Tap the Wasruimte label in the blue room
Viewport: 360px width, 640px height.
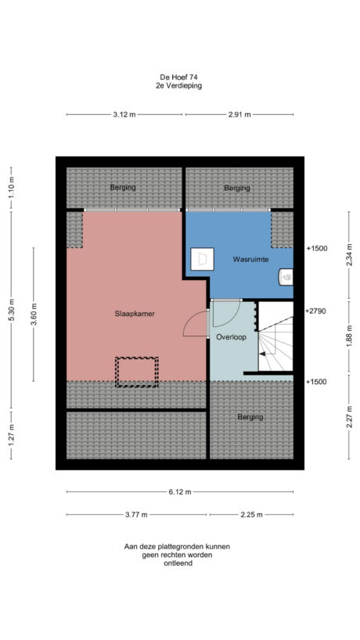250,258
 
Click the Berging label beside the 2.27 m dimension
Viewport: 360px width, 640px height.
250,417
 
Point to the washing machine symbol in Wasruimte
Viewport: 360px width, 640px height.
203,258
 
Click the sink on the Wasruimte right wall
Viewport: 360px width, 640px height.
287,275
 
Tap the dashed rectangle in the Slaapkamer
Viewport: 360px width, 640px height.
137,372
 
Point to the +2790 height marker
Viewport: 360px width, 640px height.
315,311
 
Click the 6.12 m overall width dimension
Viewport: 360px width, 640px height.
179,492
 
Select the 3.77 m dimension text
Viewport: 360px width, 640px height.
136,515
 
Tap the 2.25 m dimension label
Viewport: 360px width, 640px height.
250,515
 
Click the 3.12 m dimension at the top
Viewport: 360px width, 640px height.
124,115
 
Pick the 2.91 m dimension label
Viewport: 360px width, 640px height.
239,115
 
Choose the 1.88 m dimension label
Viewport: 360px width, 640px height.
349,340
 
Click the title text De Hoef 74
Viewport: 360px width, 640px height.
179,77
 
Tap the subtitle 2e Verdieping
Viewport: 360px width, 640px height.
179,86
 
